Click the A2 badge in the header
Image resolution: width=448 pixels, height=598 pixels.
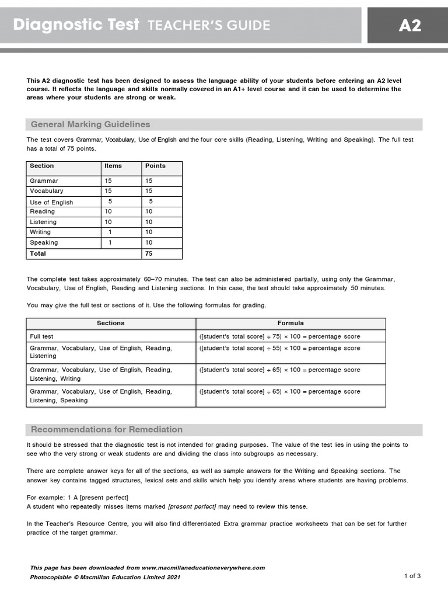409,25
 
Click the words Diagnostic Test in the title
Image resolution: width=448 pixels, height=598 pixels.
76,25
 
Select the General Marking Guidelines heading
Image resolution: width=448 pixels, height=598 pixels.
90,124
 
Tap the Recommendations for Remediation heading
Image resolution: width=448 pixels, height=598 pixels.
107,429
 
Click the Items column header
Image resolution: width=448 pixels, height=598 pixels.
113,166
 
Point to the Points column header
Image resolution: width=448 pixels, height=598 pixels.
155,166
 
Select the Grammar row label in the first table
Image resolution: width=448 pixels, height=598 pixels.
44,181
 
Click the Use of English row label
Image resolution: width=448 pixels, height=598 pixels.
51,202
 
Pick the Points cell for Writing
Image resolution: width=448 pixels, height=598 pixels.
149,232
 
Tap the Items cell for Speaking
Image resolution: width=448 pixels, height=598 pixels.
110,242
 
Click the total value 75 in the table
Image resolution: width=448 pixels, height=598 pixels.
149,253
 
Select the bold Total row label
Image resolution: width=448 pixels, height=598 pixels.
38,253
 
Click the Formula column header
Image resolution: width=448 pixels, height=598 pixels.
290,323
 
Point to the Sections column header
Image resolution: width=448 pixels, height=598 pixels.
111,323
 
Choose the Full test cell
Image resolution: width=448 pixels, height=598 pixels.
42,336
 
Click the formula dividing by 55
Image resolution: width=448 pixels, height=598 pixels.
280,348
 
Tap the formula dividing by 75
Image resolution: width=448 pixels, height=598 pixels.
280,336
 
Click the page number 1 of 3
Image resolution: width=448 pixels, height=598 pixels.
412,576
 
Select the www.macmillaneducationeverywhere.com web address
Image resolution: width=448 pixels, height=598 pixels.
203,568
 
